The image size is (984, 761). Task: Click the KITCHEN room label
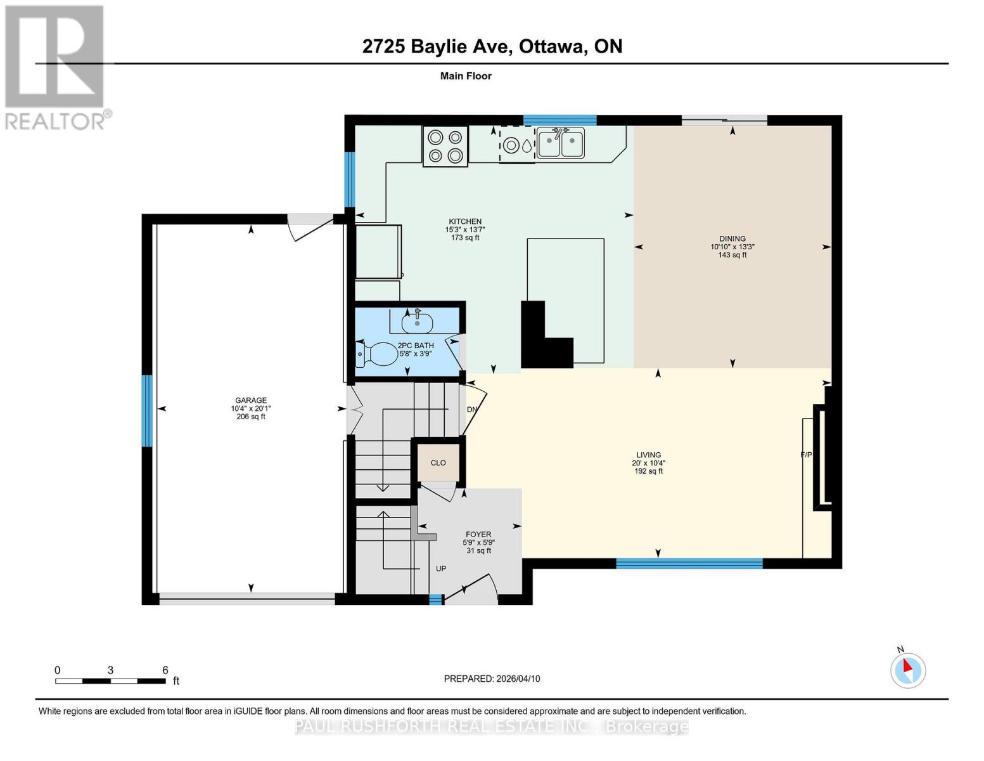click(465, 222)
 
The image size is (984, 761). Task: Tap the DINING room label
click(732, 239)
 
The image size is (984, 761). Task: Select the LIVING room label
click(648, 455)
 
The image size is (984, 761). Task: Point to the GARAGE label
click(251, 400)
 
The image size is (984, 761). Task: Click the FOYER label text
click(478, 535)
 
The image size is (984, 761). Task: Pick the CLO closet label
click(438, 463)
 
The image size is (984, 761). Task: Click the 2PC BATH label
click(416, 346)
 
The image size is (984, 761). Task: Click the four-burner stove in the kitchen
click(445, 146)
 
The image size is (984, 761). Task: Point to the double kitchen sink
click(560, 143)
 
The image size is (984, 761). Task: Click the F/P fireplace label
click(807, 455)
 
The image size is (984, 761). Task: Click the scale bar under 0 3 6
click(110, 681)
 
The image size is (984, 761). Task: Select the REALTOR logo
click(56, 67)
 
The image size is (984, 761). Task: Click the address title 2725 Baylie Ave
click(492, 46)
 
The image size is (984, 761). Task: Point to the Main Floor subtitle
click(466, 76)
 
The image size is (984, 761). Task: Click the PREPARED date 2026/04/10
click(492, 679)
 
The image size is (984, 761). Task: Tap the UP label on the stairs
click(441, 568)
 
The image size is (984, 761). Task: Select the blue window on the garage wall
click(147, 411)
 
